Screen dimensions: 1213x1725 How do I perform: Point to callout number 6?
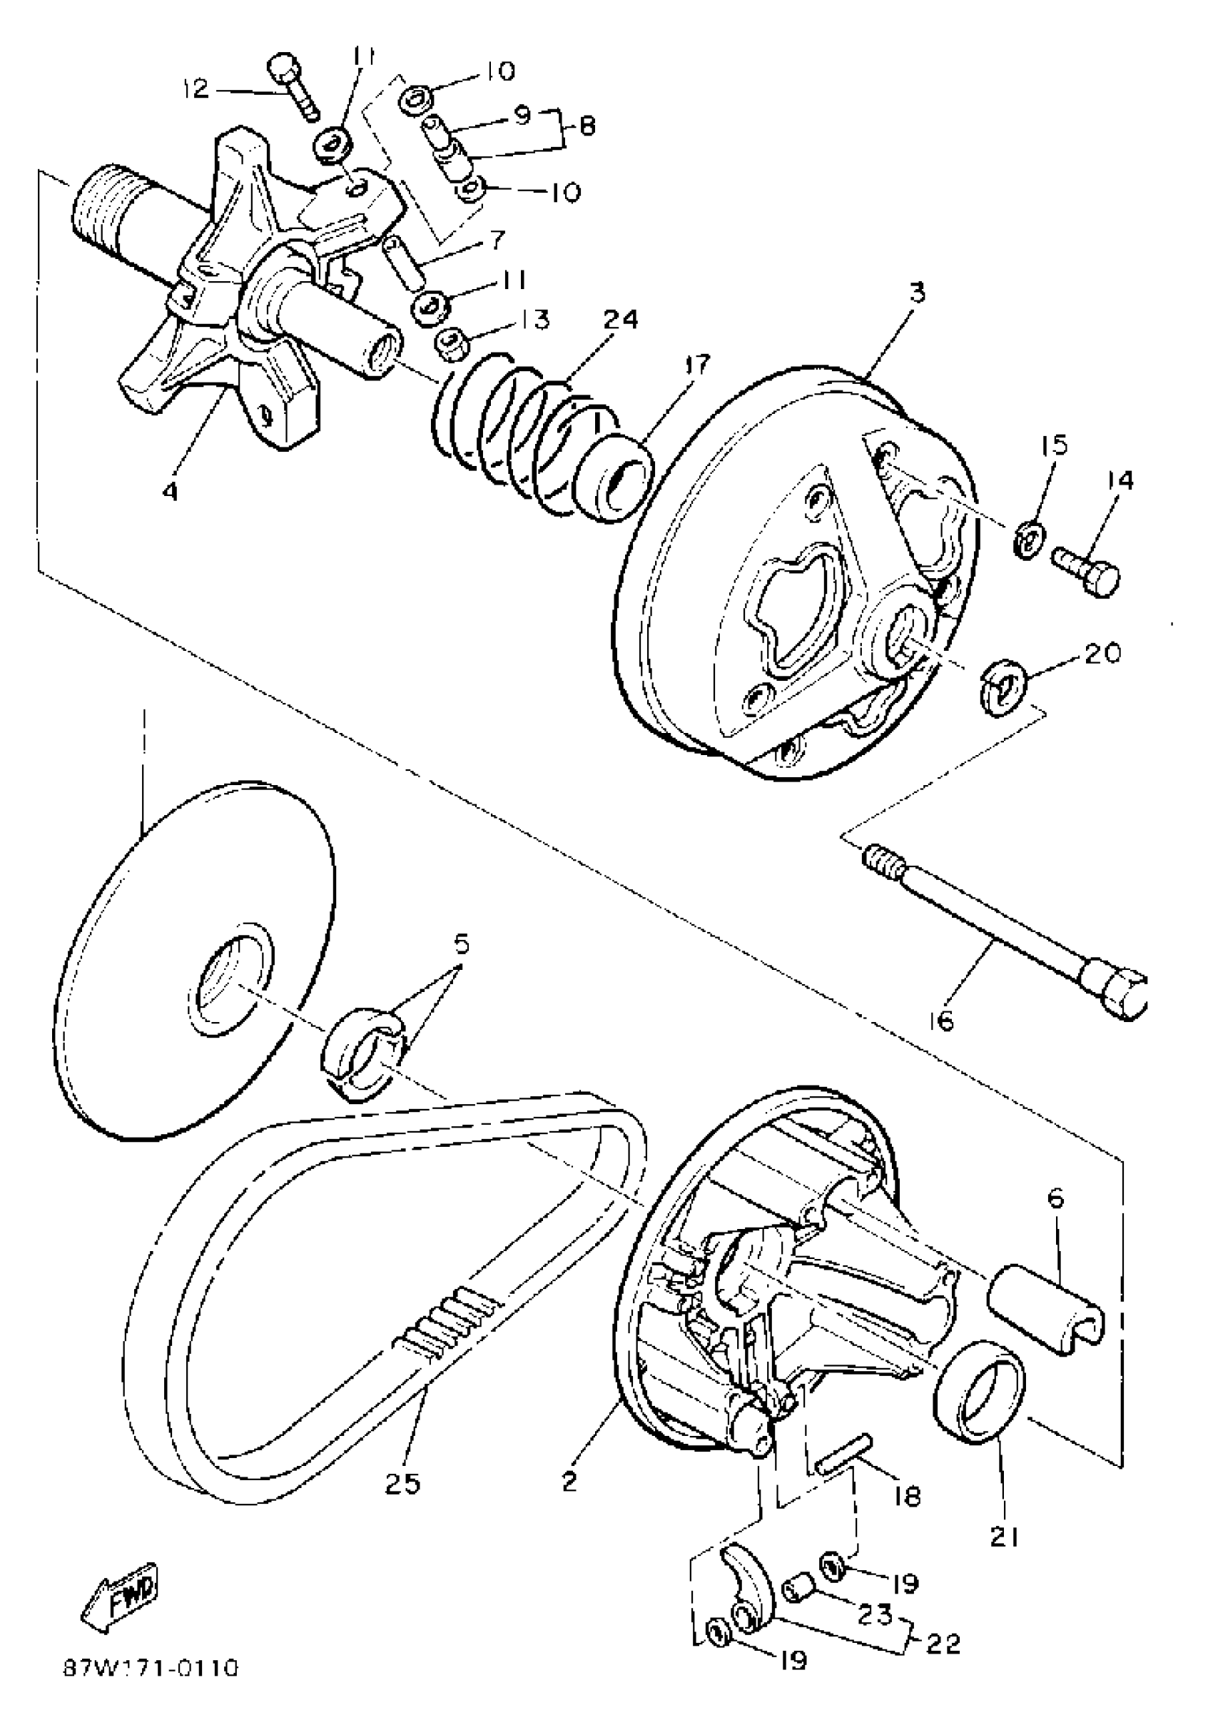(x=1055, y=1198)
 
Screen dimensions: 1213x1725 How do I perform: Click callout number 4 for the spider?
(x=171, y=492)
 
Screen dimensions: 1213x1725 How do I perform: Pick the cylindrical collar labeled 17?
(x=611, y=481)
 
